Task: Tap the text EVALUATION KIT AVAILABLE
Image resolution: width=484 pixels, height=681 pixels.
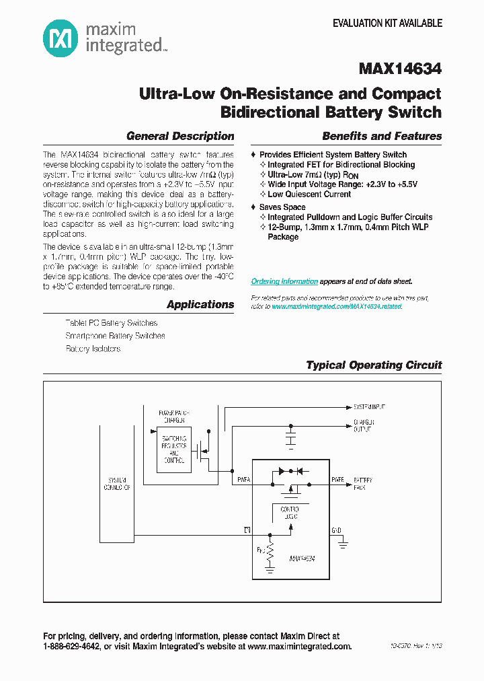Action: click(x=387, y=23)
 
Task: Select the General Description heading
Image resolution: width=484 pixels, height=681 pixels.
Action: click(x=180, y=136)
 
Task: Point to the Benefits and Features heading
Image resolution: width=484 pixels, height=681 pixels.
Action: click(x=382, y=136)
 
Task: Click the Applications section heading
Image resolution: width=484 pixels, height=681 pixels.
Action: click(x=200, y=304)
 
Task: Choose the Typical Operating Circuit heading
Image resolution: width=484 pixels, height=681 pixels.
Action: click(x=374, y=365)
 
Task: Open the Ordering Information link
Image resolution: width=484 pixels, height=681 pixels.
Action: click(x=284, y=281)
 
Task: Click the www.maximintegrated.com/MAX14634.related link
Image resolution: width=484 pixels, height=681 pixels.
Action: click(x=337, y=306)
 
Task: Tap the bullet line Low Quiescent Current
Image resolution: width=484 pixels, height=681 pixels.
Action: click(x=309, y=194)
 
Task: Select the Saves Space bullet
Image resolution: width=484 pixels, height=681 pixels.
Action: click(x=282, y=207)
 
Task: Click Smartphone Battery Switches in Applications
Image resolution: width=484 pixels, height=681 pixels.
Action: click(x=115, y=336)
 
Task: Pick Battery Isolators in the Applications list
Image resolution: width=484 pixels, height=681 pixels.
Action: click(x=93, y=349)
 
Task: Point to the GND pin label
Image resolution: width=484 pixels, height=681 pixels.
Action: click(x=336, y=530)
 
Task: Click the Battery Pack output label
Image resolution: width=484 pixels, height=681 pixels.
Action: click(x=363, y=484)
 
